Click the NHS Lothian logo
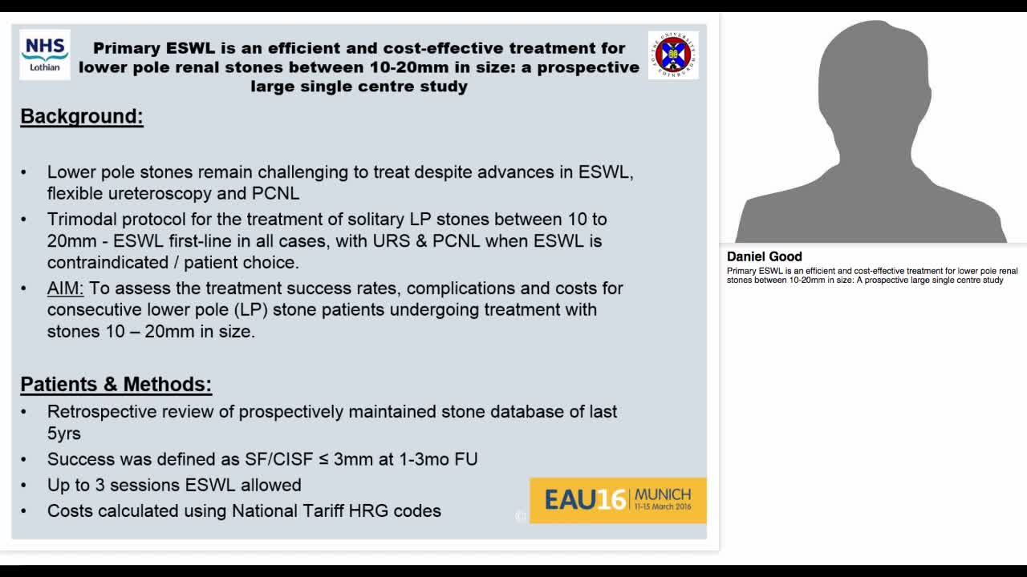click(45, 54)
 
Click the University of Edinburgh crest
click(673, 54)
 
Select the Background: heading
click(82, 116)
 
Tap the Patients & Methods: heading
click(116, 385)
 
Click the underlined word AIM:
click(65, 288)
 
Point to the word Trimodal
click(82, 220)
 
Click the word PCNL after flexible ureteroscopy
click(275, 193)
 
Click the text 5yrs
click(64, 434)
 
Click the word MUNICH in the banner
click(663, 494)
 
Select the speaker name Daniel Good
click(765, 256)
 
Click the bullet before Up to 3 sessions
click(24, 486)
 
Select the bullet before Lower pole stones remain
click(24, 172)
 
